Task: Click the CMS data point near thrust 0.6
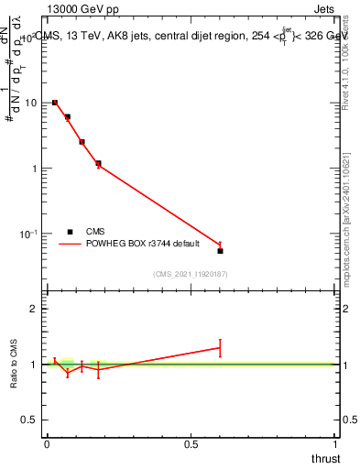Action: [x=220, y=250]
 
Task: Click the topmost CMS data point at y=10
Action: [x=55, y=103]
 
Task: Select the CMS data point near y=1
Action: [x=98, y=163]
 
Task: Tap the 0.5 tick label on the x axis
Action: [x=191, y=443]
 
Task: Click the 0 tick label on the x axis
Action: [x=47, y=443]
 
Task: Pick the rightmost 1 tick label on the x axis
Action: [x=335, y=443]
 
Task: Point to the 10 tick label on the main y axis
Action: [x=28, y=103]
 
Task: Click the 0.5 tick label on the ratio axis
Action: [x=29, y=420]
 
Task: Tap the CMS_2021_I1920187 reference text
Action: [x=191, y=274]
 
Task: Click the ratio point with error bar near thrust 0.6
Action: [x=220, y=347]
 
